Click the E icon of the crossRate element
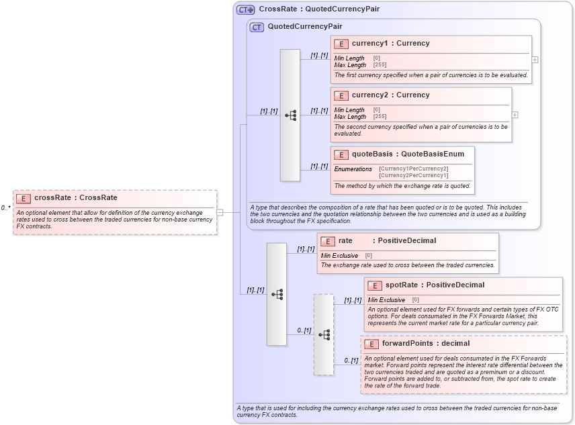24,198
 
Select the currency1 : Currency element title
390,44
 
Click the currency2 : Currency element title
390,95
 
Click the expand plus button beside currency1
535,59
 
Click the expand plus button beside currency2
515,115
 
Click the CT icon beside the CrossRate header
245,9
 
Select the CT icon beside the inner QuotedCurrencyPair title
256,27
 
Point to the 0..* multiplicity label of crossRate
5,208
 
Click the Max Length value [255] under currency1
380,65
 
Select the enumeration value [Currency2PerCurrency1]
413,175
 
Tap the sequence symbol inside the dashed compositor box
324,334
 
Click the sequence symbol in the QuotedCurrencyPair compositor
290,115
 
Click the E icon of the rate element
328,241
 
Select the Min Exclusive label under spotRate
386,299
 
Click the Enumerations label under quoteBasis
353,169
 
